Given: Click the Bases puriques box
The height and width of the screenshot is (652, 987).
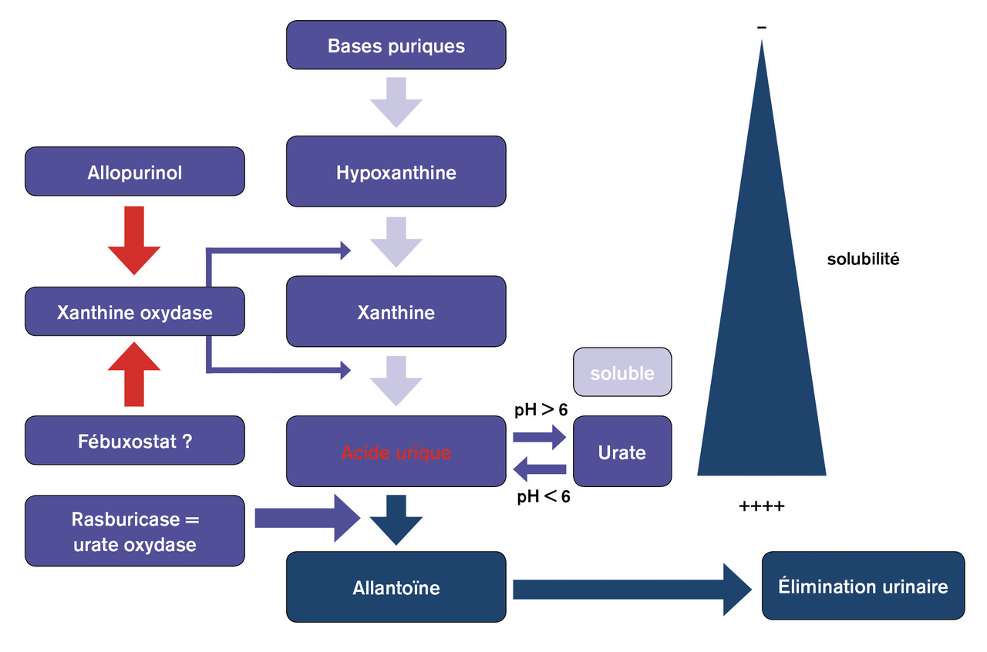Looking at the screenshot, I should click(x=396, y=45).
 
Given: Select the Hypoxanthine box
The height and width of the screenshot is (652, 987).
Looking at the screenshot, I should click(x=396, y=172).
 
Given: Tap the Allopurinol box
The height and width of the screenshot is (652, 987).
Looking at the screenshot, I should click(x=135, y=172).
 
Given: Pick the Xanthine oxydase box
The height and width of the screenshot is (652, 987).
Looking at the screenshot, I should click(x=135, y=312).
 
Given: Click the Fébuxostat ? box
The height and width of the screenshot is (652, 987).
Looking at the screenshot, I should click(x=135, y=441).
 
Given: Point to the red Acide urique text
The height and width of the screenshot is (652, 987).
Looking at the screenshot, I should click(x=396, y=452).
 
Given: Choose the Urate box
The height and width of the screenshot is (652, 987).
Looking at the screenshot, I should click(x=622, y=452).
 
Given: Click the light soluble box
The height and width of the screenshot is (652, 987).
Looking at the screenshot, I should click(x=622, y=373).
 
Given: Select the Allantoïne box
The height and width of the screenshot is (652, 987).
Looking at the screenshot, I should click(x=396, y=588).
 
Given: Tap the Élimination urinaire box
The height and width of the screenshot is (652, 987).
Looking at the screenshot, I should click(x=862, y=586).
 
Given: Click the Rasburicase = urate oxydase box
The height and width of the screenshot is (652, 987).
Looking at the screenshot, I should click(x=135, y=532).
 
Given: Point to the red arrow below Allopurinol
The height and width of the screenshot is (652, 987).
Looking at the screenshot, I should click(x=134, y=240).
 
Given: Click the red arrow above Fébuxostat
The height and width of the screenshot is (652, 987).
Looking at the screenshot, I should click(x=134, y=375).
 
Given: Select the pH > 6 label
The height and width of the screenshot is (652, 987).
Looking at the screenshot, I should click(x=541, y=410).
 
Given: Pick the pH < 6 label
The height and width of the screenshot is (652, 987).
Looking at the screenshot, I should click(x=543, y=497).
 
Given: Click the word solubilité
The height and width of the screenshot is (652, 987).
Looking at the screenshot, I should click(x=863, y=260).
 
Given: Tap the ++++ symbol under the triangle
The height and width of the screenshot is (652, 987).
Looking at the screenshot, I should click(x=761, y=506).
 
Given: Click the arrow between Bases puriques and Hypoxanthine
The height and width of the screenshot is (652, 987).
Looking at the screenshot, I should click(x=396, y=102).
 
